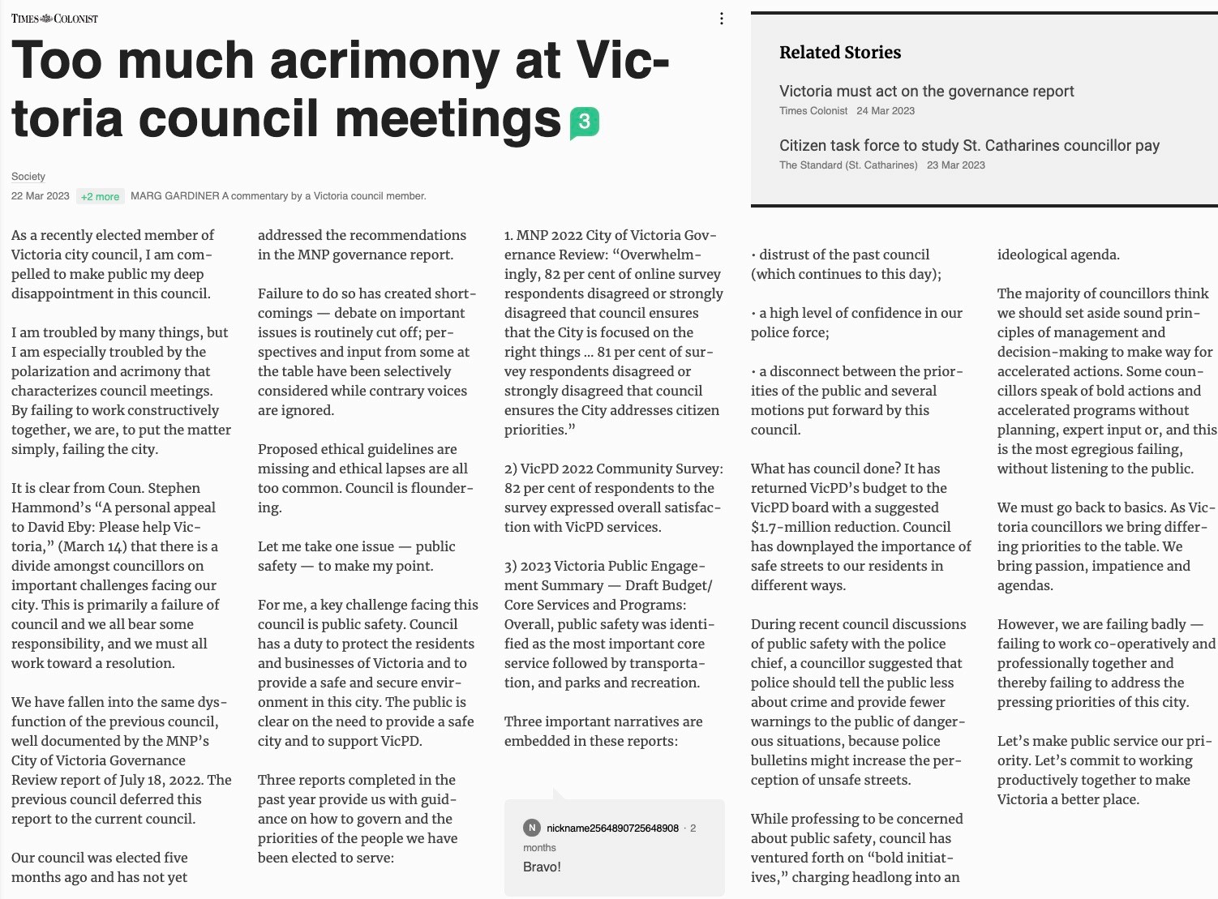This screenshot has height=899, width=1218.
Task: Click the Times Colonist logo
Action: pos(54,19)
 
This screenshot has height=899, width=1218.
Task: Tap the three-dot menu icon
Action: pos(721,19)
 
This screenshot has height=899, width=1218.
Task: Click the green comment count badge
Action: pos(585,122)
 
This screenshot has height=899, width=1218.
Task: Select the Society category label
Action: pos(28,177)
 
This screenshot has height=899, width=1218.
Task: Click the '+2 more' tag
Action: pos(100,196)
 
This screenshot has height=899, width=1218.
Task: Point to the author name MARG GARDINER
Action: pos(174,196)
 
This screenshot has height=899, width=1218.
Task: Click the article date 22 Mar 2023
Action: pos(41,196)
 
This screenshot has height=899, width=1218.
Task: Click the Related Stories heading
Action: pos(840,53)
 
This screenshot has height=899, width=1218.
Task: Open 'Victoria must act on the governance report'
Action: pos(926,92)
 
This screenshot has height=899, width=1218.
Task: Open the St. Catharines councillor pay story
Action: pos(969,146)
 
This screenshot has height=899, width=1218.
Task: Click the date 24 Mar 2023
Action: pos(886,111)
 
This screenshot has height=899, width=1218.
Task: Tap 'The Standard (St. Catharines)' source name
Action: pos(848,165)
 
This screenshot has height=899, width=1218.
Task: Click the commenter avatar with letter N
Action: pos(532,828)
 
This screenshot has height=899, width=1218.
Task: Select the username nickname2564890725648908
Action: pos(612,828)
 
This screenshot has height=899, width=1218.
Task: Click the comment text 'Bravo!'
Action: pos(542,867)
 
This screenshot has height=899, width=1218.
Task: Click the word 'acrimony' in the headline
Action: pos(384,61)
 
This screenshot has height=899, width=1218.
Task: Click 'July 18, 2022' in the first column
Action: pos(153,780)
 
